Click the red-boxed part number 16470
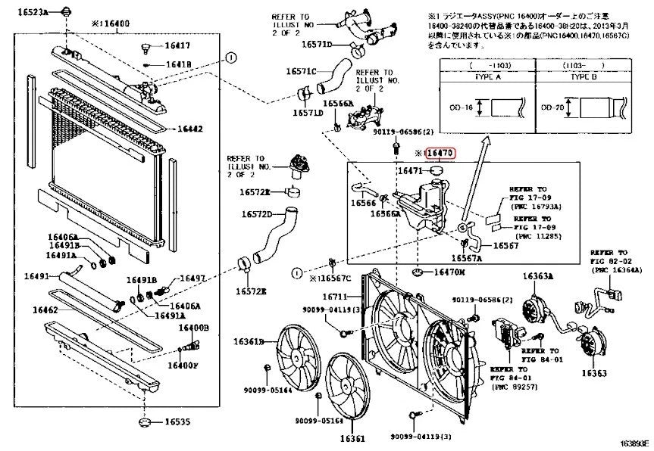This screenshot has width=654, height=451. [440, 153]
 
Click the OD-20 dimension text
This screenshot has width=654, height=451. [552, 108]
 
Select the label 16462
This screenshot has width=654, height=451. [45, 309]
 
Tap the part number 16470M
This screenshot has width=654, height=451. [449, 272]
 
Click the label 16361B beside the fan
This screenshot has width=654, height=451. [248, 342]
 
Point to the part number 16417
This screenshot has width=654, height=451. [177, 46]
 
